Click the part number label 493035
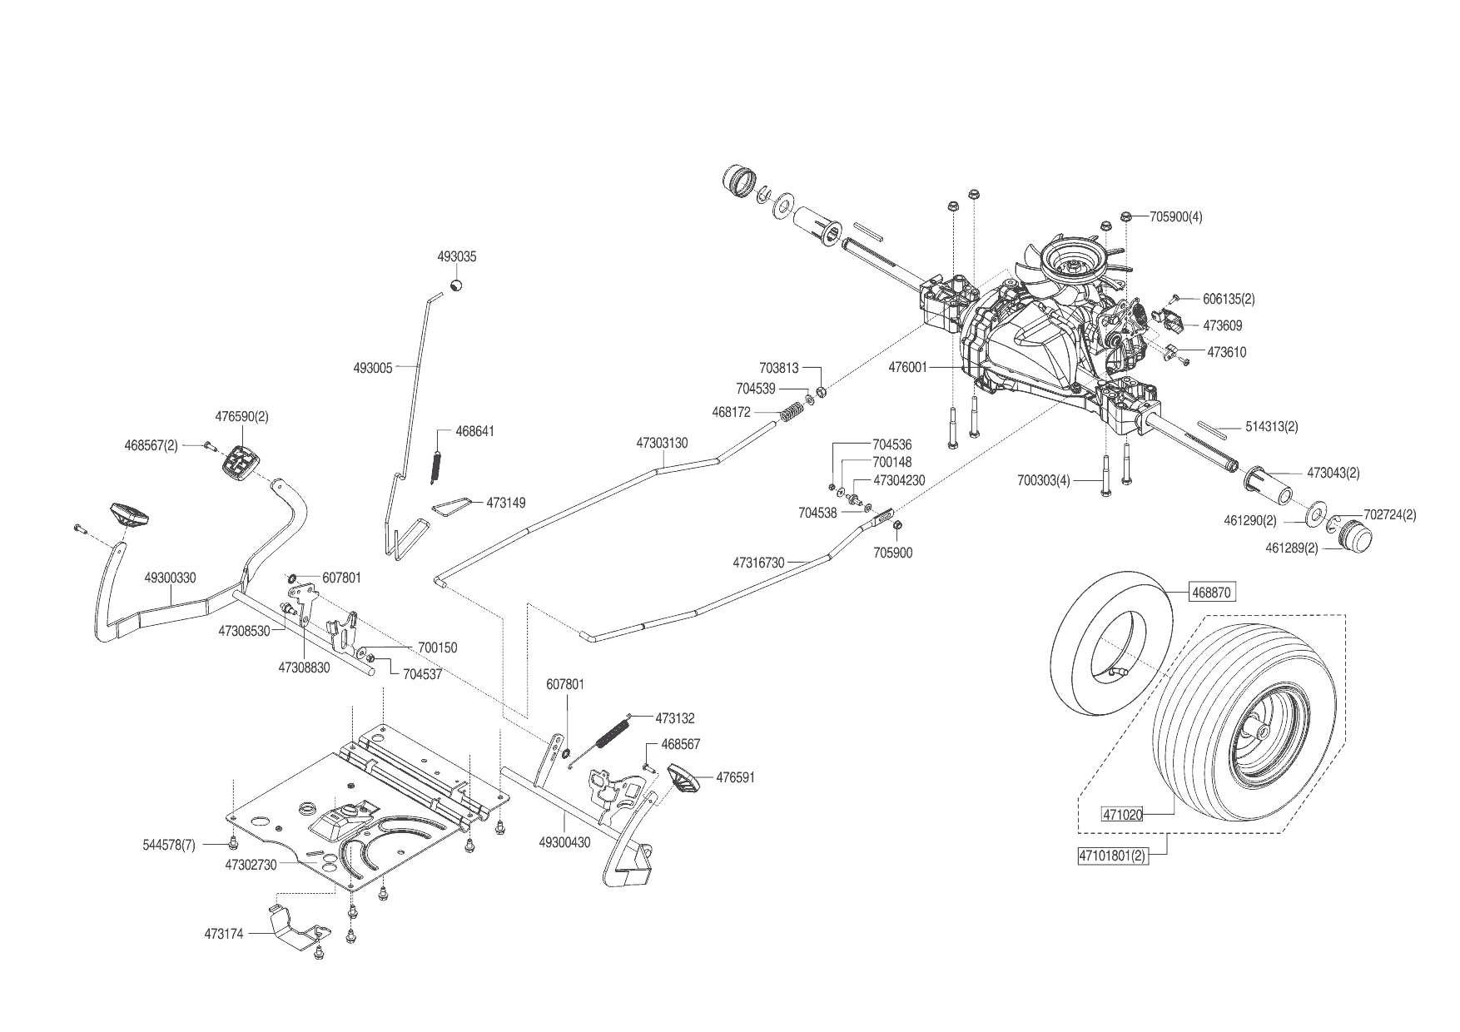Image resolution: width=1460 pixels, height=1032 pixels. coord(457,257)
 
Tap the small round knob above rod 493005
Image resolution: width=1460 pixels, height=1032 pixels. coord(456,285)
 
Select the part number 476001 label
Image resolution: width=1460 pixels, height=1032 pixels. coord(907,366)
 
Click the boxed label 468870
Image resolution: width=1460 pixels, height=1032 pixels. coord(1212,593)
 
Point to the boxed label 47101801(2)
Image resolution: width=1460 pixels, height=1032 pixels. coord(1113,856)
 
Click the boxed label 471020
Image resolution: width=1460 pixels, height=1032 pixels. coord(1122,815)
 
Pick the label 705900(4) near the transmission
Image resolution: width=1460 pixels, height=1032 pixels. coord(1175,217)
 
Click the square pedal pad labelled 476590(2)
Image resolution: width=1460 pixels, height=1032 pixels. coord(241,460)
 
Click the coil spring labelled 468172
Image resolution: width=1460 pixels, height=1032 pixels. coord(792,411)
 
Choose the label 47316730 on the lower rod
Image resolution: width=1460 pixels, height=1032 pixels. coord(758,563)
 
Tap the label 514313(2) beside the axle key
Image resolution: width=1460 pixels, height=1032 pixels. coord(1271,427)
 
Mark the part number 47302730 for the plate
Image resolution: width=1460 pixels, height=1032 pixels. coord(251,865)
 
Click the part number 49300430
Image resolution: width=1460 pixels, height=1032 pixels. coord(564,842)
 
